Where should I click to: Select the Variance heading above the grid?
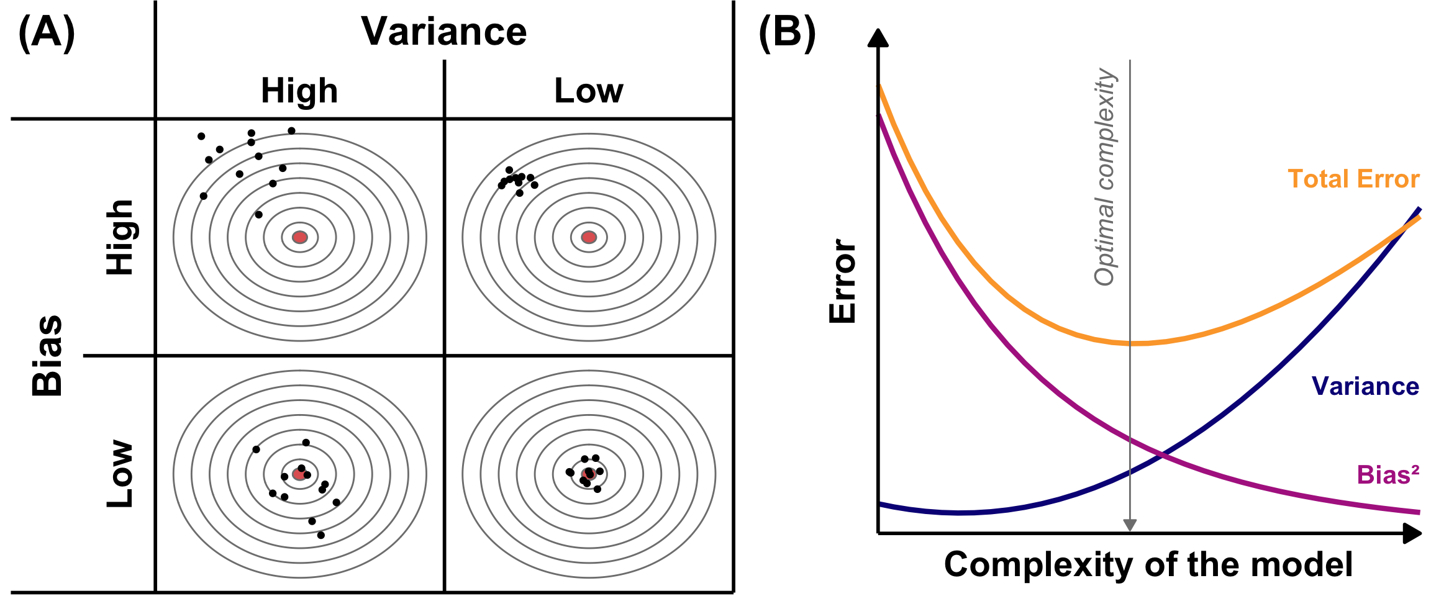coord(443,32)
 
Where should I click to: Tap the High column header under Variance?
coord(299,91)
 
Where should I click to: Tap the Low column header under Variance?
coord(588,91)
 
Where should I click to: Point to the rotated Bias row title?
coord(48,356)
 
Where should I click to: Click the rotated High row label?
coord(120,237)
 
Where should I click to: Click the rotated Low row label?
coord(120,474)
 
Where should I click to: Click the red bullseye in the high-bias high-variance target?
coord(300,237)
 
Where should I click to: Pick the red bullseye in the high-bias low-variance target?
coord(589,237)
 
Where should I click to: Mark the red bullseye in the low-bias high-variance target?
coord(299,474)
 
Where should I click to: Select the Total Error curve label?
coord(1353,179)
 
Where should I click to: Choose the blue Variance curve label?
coord(1365,386)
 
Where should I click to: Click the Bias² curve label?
coord(1388,475)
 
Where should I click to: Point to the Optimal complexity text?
coord(1106,177)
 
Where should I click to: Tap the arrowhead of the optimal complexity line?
coord(1130,525)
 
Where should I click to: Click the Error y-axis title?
coord(843,281)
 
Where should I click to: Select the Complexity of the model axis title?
coord(1148,565)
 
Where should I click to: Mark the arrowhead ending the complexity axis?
coord(1412,533)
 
